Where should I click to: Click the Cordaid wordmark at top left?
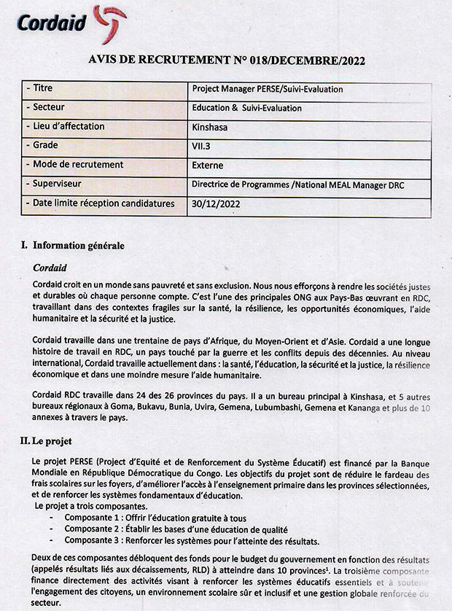click(x=46, y=23)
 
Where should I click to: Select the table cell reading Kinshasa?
click(x=210, y=127)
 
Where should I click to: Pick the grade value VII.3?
click(x=202, y=146)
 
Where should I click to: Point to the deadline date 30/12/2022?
click(x=216, y=204)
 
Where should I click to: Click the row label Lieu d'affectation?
click(x=69, y=127)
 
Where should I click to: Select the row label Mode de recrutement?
click(x=78, y=166)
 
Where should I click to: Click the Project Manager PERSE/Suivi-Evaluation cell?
click(x=267, y=89)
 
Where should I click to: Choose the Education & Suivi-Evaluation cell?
click(x=246, y=108)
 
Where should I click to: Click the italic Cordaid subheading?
click(x=50, y=268)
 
